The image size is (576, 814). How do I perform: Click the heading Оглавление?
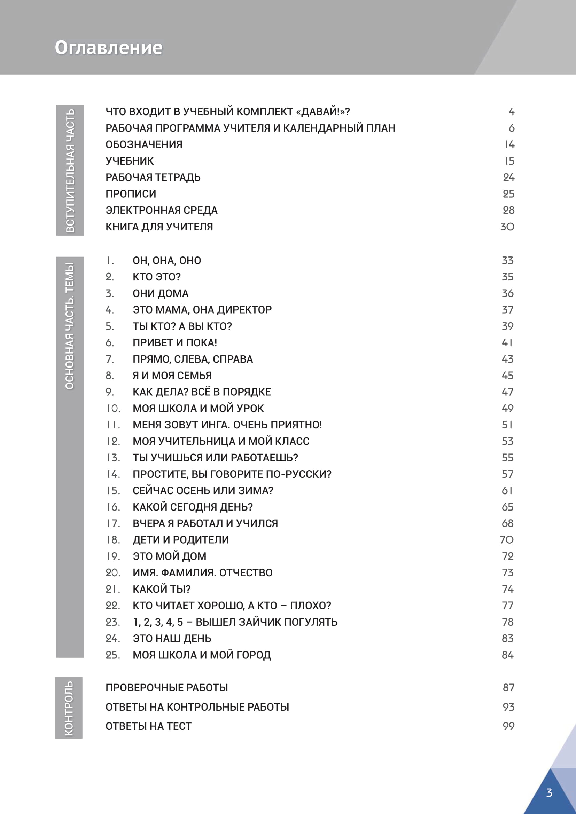click(109, 48)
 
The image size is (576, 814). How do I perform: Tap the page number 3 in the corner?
click(549, 792)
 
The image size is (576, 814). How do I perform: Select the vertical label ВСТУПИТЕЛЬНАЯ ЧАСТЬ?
click(70, 170)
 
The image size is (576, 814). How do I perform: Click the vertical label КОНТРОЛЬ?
click(69, 708)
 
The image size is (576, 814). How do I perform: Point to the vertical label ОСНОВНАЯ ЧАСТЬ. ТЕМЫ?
click(70, 326)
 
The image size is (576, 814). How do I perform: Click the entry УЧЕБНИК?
click(130, 161)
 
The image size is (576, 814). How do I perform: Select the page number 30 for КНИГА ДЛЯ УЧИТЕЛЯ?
click(507, 227)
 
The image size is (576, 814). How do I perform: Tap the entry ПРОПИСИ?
click(131, 194)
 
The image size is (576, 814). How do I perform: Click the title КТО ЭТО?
click(156, 277)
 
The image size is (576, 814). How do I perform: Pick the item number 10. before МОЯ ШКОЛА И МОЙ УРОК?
click(114, 409)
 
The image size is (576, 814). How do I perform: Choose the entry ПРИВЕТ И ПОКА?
click(174, 343)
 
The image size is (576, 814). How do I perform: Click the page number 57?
click(507, 474)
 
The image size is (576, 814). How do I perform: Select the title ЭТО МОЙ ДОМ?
click(169, 556)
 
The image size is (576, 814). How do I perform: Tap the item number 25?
click(112, 655)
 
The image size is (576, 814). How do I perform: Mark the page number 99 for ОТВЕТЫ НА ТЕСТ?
click(508, 726)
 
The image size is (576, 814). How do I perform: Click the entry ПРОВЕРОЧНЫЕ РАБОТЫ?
click(167, 688)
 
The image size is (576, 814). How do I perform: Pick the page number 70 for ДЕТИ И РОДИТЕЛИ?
click(506, 540)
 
